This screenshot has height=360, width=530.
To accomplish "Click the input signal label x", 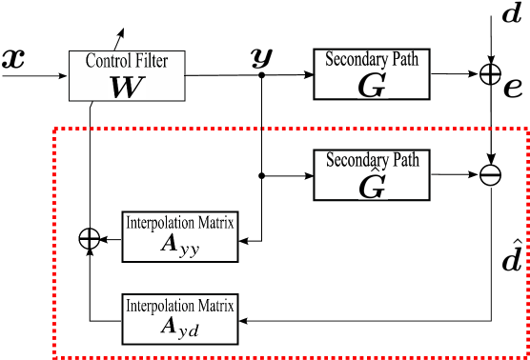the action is point(13,58).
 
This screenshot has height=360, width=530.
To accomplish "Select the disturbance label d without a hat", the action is point(512,14).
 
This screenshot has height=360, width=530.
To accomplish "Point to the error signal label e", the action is point(512,89).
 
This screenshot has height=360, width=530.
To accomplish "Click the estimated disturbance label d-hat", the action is point(512,258).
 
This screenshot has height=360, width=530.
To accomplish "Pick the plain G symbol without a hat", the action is point(371,86).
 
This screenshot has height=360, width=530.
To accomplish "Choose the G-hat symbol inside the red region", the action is point(371,182).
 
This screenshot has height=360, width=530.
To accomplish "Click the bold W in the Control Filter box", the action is point(126,85).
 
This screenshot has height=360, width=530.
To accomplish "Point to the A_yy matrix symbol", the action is point(180,245).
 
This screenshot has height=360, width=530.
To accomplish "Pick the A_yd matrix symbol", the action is point(180,302).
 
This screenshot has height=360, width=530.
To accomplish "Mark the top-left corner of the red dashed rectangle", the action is point(53,128).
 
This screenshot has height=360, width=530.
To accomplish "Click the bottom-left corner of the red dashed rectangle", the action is point(53,356).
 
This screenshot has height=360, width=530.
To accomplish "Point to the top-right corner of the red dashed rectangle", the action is point(526,128).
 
